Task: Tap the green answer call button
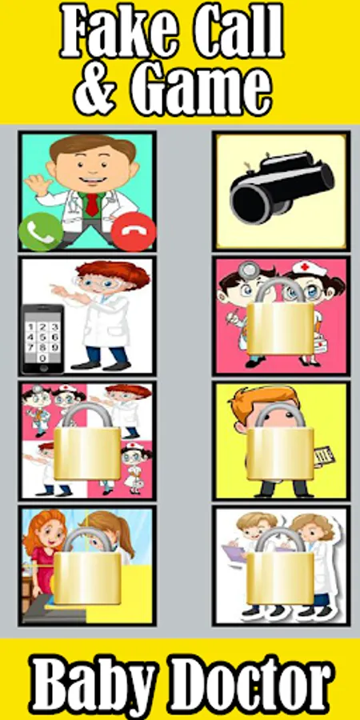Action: click(x=41, y=232)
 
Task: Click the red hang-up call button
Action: click(x=133, y=232)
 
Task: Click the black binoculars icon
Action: click(x=282, y=188)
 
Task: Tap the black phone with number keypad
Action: click(x=42, y=338)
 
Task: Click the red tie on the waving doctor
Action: click(x=92, y=204)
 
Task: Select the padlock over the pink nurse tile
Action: click(x=281, y=318)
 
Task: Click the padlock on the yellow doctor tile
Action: click(x=281, y=442)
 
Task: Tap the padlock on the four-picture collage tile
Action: click(x=87, y=442)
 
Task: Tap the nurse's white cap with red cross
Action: click(x=309, y=268)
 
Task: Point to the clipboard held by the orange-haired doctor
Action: click(x=325, y=454)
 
